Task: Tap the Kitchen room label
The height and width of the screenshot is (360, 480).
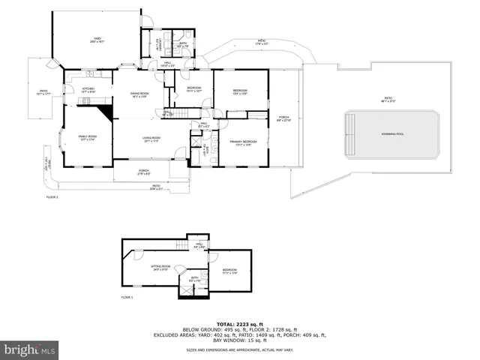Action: (x=88, y=89)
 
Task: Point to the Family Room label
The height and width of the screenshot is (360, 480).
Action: (x=88, y=138)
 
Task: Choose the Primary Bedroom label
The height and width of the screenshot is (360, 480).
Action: (x=238, y=142)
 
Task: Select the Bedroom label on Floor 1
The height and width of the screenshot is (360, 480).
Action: (x=229, y=271)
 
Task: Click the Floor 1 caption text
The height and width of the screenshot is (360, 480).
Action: (x=127, y=298)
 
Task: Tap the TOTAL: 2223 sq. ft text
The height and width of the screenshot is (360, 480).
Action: (x=235, y=322)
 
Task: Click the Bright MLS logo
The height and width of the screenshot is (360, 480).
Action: (x=30, y=349)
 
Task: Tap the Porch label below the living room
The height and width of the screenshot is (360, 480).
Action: (x=143, y=172)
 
